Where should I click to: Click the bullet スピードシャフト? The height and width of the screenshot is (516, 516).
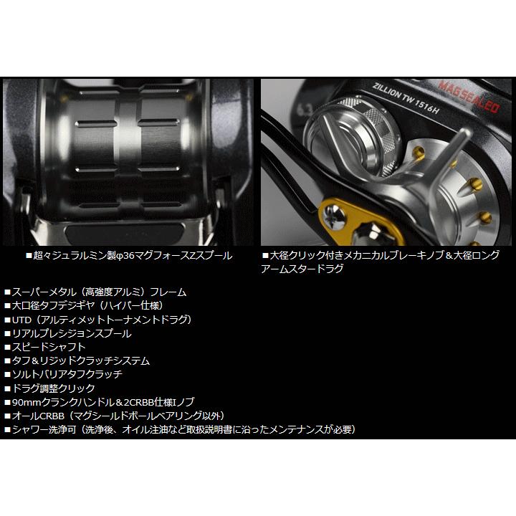(x=49, y=347)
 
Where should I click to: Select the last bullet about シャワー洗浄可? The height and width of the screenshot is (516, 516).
(x=179, y=429)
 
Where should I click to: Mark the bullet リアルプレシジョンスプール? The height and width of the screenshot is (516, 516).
(x=72, y=333)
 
